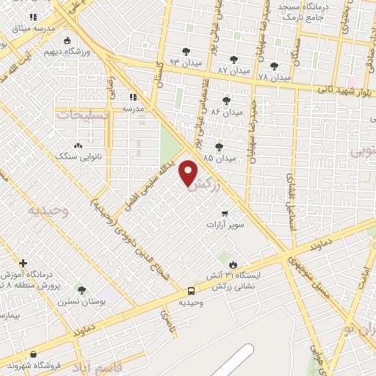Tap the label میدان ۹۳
click(x=185, y=62)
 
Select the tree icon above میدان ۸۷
click(x=234, y=59)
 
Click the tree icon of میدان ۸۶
click(x=226, y=101)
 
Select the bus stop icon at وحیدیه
click(x=191, y=291)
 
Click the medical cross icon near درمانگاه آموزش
click(x=23, y=262)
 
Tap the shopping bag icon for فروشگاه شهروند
click(x=34, y=354)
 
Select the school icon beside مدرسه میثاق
click(x=32, y=16)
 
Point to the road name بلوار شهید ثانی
click(x=340, y=89)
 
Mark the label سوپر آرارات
click(x=225, y=223)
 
